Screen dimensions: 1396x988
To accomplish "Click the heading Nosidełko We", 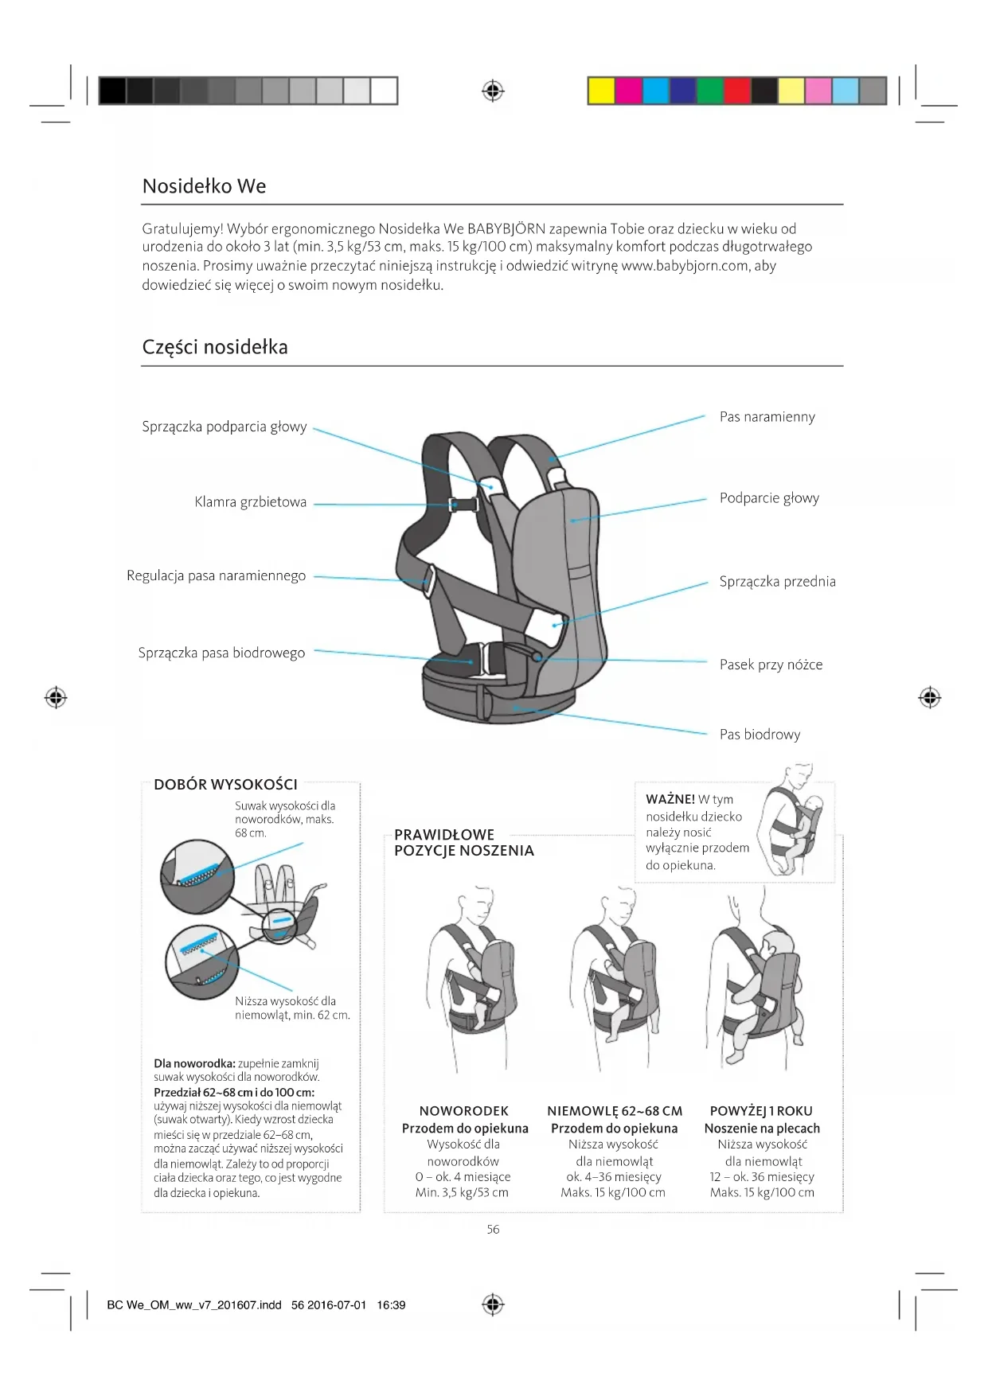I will tap(204, 186).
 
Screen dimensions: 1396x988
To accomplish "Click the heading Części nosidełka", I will tap(215, 347).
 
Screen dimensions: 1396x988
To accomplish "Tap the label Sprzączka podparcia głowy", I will tap(225, 427).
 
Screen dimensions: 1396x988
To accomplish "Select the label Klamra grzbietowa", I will tap(250, 502).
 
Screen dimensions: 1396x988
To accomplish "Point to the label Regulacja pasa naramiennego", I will tap(216, 575).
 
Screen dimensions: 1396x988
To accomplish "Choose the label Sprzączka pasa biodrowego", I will tap(221, 653).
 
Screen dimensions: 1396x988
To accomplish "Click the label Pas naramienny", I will tap(767, 417).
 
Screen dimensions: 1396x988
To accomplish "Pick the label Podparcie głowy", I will tap(769, 498).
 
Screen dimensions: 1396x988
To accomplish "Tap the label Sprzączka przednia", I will tap(777, 582).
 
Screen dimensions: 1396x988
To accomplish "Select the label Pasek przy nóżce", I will tap(771, 665).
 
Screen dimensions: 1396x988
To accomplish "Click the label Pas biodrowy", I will tap(760, 735).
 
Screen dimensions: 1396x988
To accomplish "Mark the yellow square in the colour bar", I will tap(601, 91).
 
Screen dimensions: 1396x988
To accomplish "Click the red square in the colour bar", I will tap(737, 91).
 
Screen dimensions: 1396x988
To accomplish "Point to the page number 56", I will tap(493, 1230).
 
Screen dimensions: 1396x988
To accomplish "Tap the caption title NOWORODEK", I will tap(463, 1111).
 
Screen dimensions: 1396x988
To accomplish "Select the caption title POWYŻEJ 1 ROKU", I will tap(761, 1111).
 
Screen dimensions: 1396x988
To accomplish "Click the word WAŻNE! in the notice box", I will tap(670, 799).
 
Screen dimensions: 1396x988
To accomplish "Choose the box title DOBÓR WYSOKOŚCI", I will tap(225, 785).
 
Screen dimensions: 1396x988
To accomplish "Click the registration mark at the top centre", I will tap(494, 91).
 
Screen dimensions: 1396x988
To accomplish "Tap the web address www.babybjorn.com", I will tap(685, 266).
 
